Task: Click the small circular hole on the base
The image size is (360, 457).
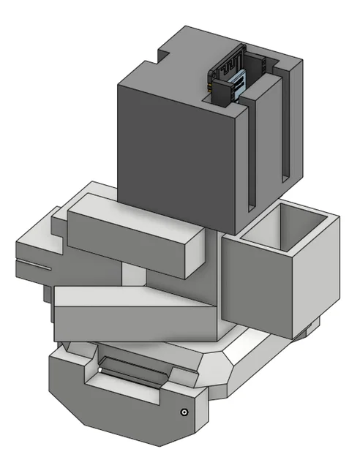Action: [184, 412]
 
